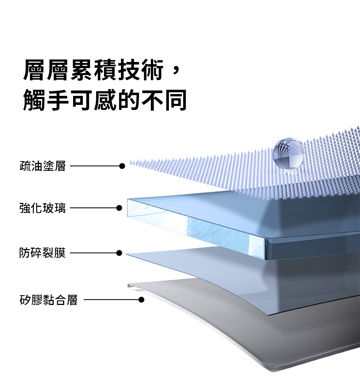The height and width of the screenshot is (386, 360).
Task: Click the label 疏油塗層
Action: [x=42, y=166]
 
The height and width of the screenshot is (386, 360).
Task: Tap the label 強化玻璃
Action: [x=42, y=208]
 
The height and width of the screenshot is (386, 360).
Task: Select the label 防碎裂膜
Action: [x=42, y=253]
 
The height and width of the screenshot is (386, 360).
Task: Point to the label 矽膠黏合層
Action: [x=49, y=300]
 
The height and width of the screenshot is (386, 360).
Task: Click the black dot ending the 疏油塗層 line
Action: [x=122, y=166]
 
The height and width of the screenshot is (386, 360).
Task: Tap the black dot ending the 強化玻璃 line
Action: [x=119, y=208]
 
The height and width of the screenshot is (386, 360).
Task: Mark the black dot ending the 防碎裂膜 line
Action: [x=119, y=253]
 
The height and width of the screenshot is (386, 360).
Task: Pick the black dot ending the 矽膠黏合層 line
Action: [x=141, y=300]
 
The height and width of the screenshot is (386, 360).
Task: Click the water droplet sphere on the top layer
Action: [x=289, y=154]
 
